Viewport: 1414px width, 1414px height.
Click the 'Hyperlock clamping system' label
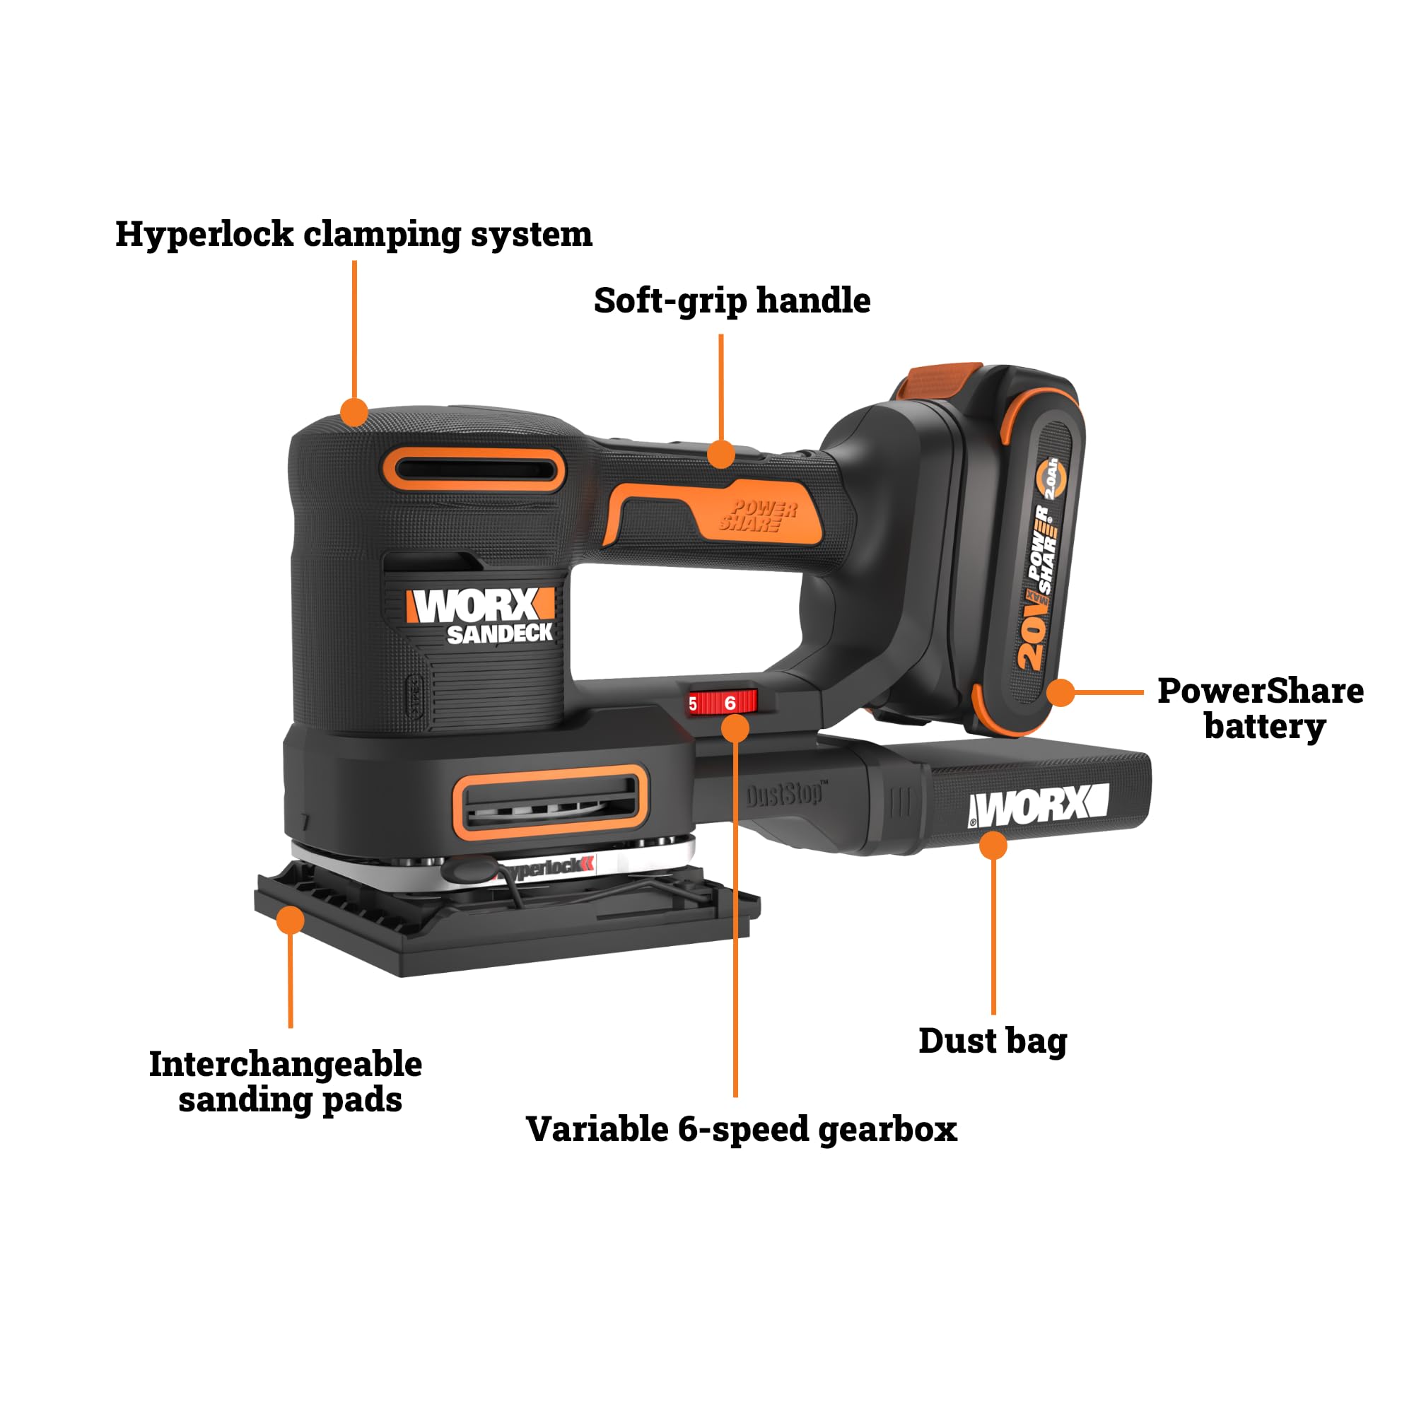[353, 235]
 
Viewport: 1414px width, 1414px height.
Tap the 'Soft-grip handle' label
[732, 300]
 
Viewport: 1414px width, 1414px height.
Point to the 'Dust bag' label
[993, 1041]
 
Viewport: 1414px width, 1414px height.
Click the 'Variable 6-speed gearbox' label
[742, 1129]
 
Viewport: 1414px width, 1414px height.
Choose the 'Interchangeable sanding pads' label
[286, 1082]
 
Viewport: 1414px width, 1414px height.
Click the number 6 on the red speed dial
[730, 703]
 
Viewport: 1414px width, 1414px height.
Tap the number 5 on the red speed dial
[692, 705]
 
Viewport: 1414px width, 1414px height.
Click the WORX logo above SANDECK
[480, 605]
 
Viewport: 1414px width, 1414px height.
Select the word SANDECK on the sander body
[500, 633]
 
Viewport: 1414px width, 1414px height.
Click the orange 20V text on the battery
[1033, 638]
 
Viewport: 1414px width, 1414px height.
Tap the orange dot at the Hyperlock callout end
[354, 412]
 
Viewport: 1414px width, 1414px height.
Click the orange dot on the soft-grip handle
[722, 455]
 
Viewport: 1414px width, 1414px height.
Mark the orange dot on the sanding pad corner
[291, 920]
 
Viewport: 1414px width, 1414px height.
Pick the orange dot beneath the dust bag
[993, 846]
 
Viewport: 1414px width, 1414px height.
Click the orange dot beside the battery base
[1060, 691]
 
